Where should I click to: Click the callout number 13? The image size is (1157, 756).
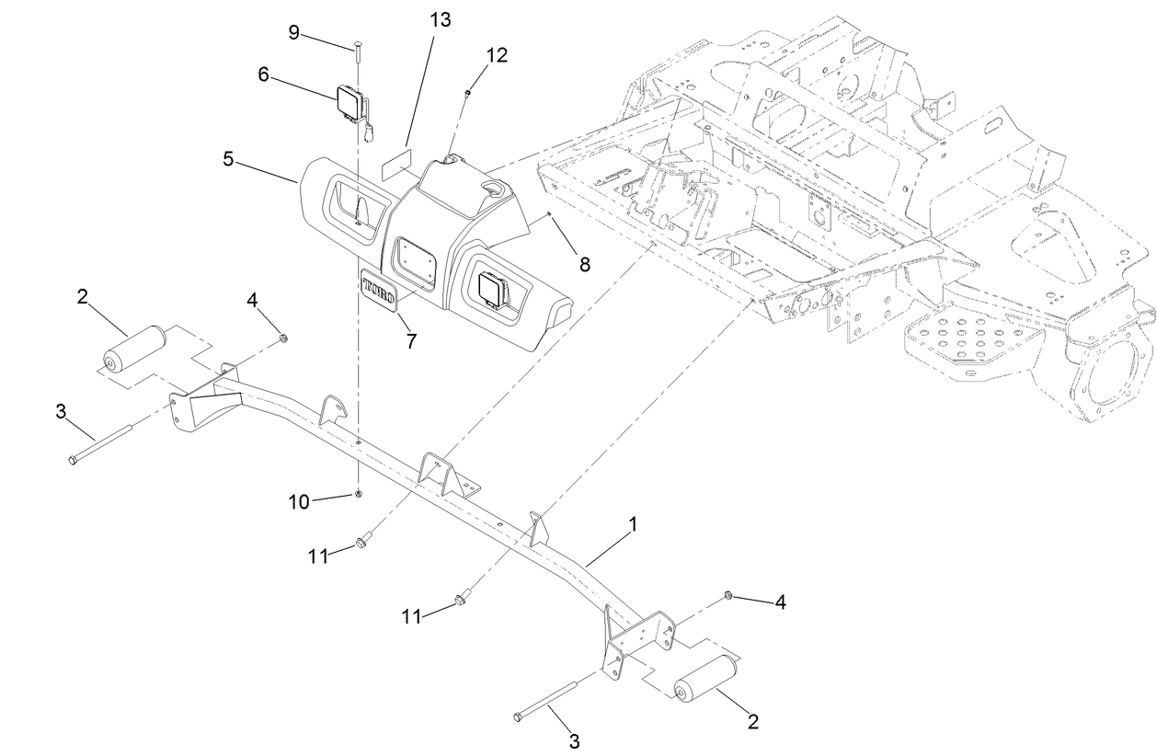coord(441,19)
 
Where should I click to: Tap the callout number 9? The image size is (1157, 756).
coord(294,32)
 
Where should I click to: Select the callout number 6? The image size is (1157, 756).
coord(263,74)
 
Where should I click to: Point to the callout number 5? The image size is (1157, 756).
coord(229,157)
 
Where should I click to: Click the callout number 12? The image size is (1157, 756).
coord(496,55)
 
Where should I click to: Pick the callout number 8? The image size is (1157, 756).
coord(585,265)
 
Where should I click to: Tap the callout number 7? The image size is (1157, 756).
coord(410,341)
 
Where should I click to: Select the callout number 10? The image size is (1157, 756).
coord(299,501)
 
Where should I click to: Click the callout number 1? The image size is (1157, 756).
coord(632,525)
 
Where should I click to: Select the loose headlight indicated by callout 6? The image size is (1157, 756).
coord(349,104)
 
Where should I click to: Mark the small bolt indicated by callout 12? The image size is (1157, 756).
coord(469,90)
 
